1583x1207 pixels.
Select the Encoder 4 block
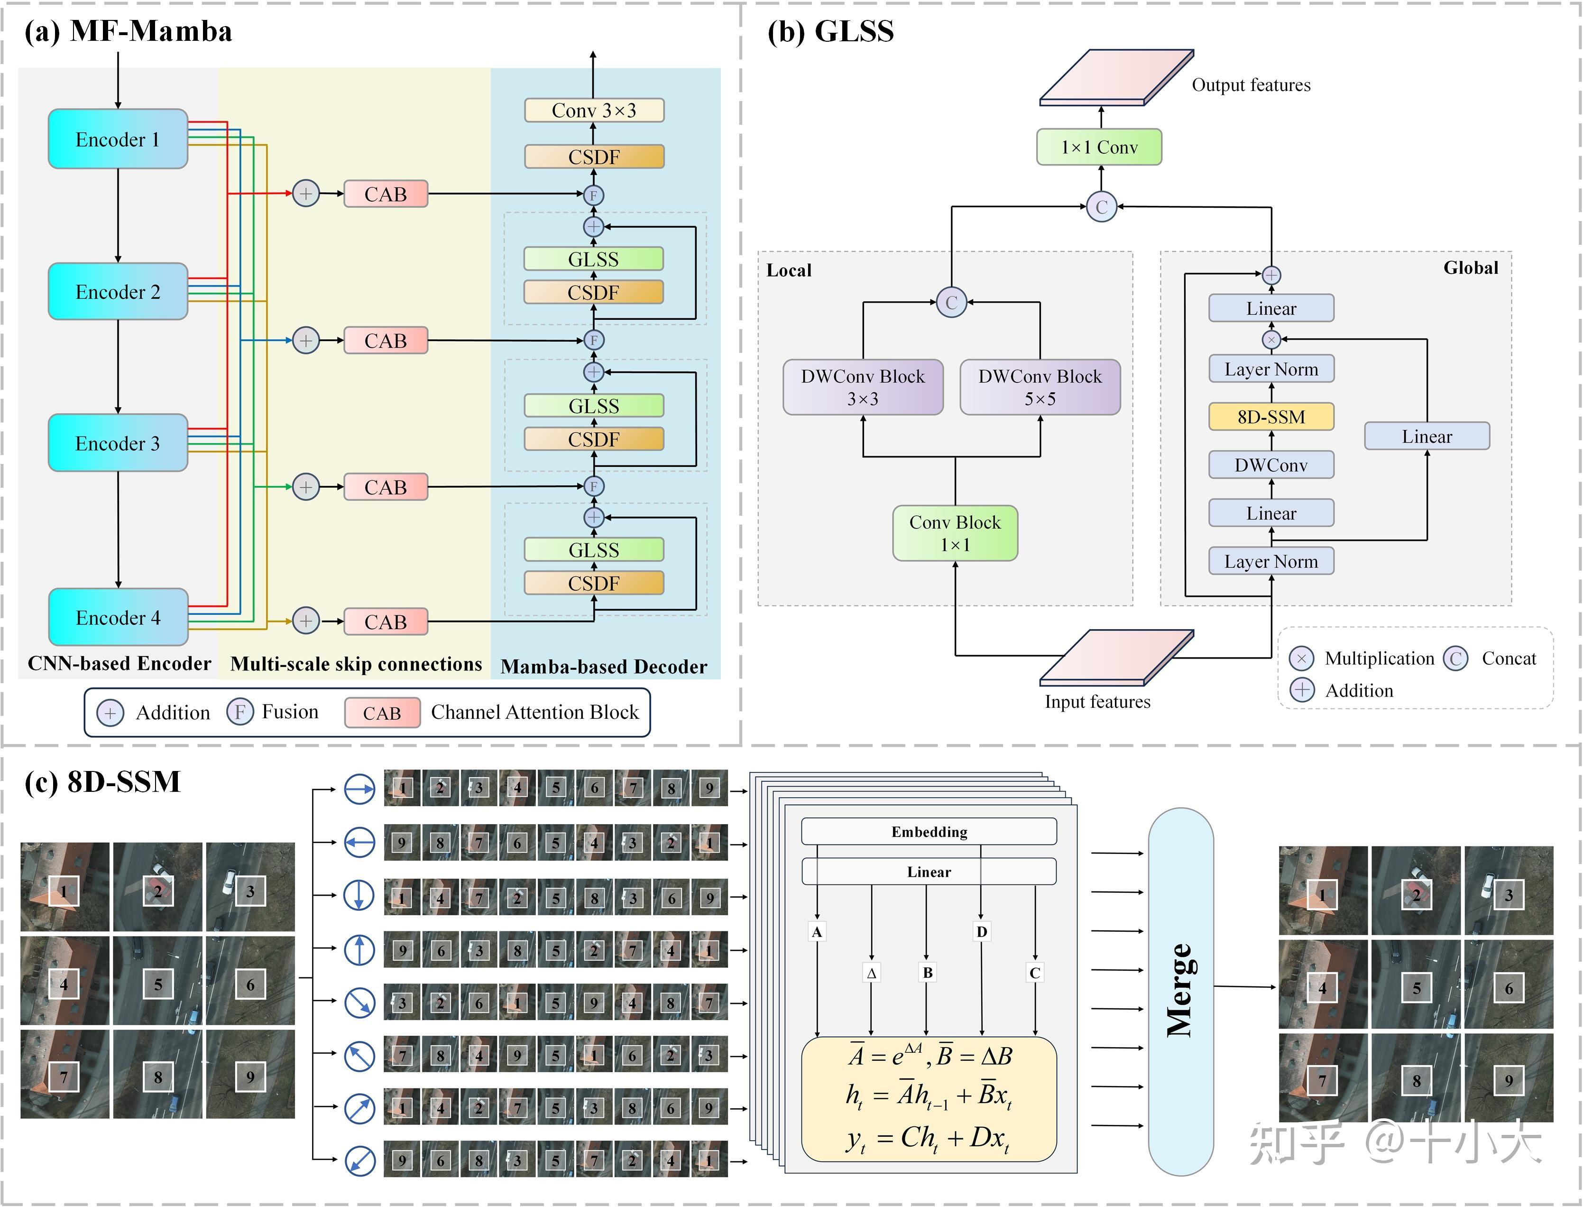pyautogui.click(x=118, y=617)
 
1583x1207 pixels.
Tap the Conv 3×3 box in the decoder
pyautogui.click(x=594, y=110)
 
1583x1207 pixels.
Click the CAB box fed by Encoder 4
pyautogui.click(x=386, y=622)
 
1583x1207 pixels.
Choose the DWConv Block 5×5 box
pyautogui.click(x=1040, y=387)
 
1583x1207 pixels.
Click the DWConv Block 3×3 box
pyautogui.click(x=863, y=387)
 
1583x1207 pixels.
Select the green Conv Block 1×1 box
pyautogui.click(x=955, y=533)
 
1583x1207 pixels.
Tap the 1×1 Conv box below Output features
pyautogui.click(x=1099, y=147)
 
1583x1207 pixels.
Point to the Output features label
pyautogui.click(x=1251, y=85)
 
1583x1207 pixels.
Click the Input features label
pyautogui.click(x=1097, y=701)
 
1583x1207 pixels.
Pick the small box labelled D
pyautogui.click(x=981, y=932)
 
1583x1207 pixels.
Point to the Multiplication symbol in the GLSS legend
pyautogui.click(x=1301, y=658)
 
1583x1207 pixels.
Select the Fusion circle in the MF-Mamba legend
pyautogui.click(x=240, y=712)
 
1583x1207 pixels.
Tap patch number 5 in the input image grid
pyautogui.click(x=158, y=984)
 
